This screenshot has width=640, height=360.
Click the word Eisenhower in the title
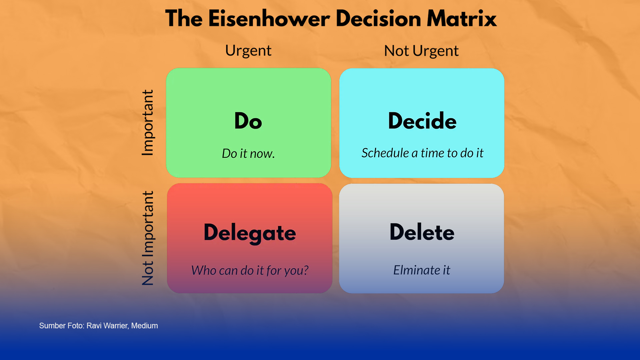269,19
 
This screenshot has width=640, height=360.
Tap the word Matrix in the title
462,19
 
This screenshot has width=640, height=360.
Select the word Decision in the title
378,19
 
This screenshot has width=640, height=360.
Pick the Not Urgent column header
421,51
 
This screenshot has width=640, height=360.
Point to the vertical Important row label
147,122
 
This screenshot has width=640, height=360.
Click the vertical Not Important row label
147,238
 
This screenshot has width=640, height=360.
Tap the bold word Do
248,121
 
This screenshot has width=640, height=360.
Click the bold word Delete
422,232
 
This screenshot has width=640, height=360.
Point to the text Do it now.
248,153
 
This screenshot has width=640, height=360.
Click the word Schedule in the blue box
385,153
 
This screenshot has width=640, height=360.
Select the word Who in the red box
204,270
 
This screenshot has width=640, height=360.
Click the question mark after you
306,270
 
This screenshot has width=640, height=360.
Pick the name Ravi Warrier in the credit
107,326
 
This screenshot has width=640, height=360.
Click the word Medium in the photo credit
144,326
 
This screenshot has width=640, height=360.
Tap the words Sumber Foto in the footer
62,326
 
